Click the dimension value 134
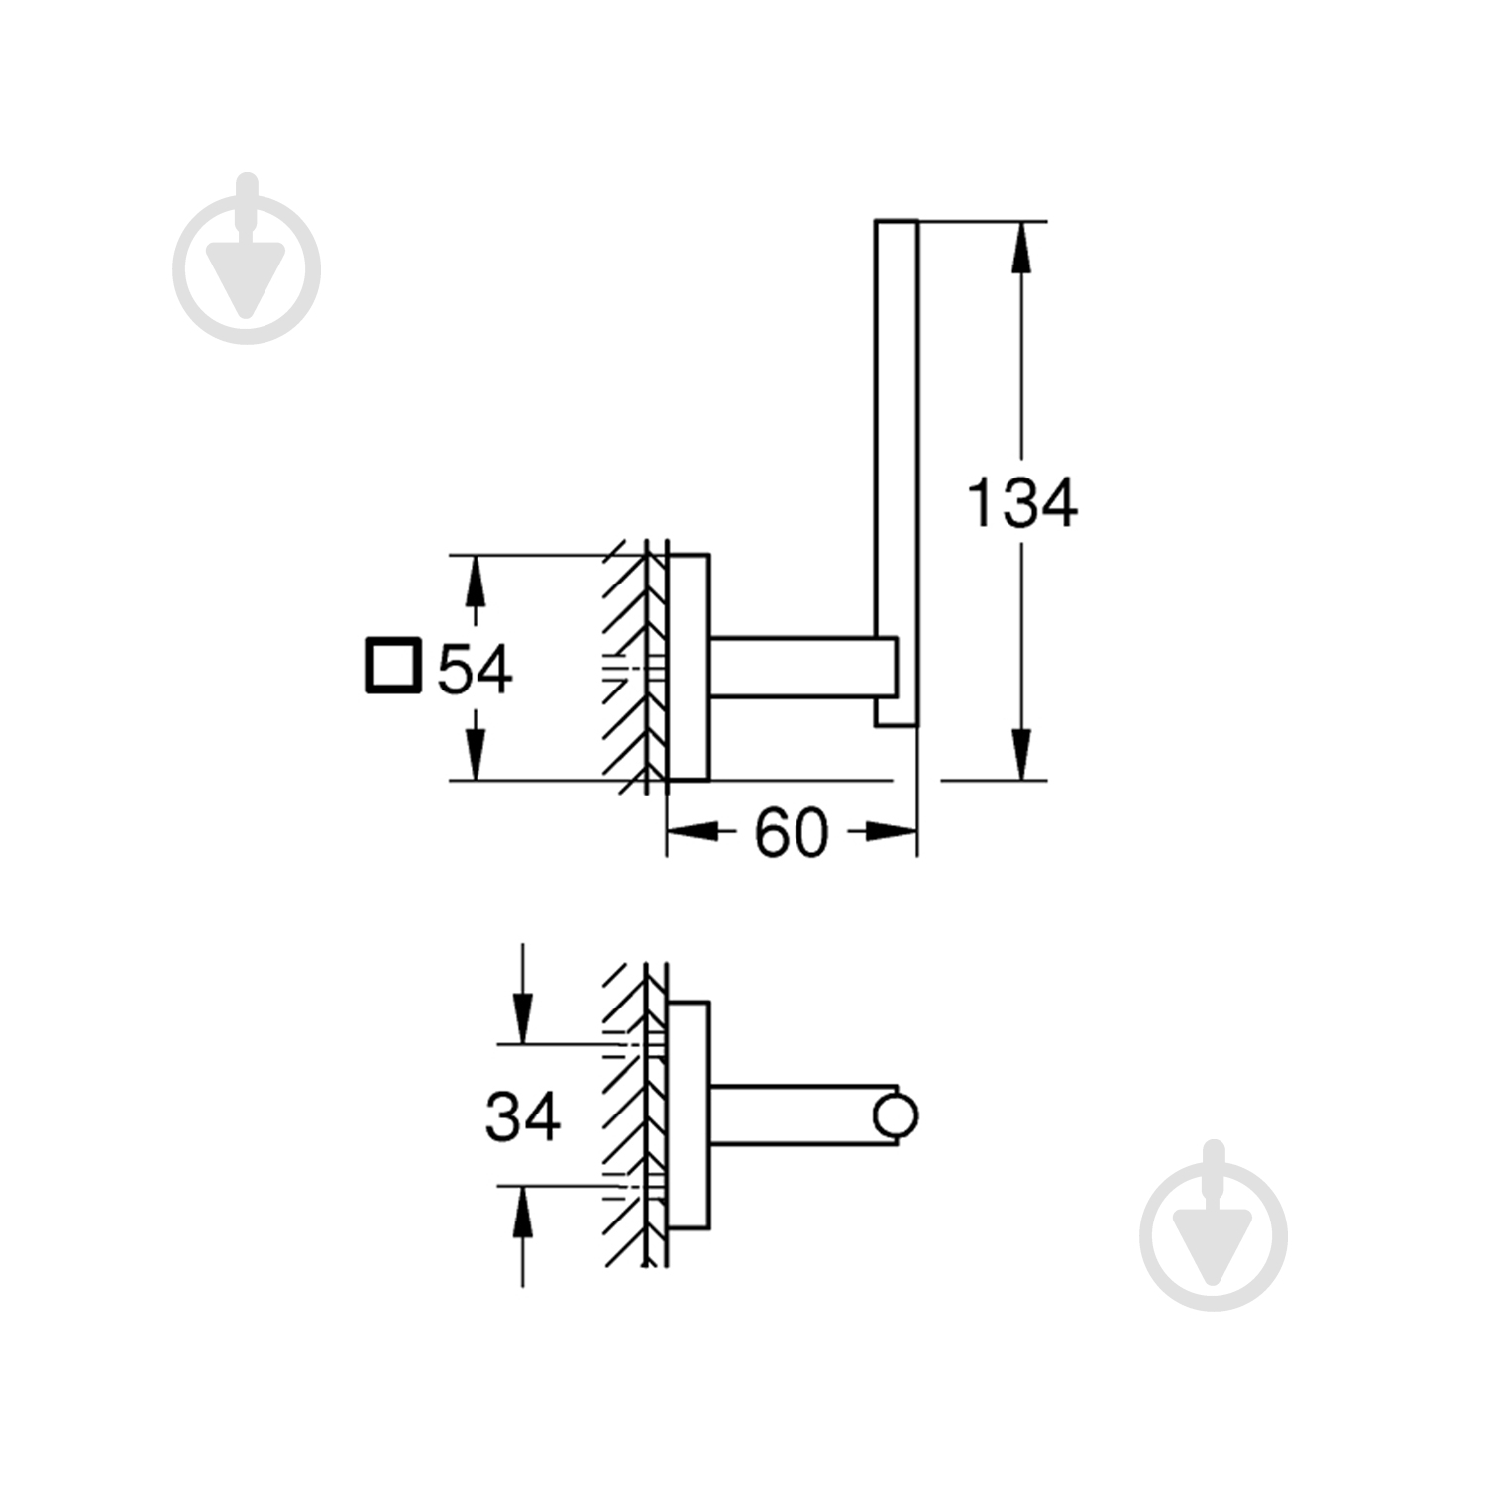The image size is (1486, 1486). click(1021, 503)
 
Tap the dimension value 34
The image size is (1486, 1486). click(522, 1116)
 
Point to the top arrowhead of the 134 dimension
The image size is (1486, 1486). click(1022, 248)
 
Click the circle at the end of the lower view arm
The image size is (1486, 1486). click(896, 1115)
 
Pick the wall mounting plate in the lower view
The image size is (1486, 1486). click(689, 1115)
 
